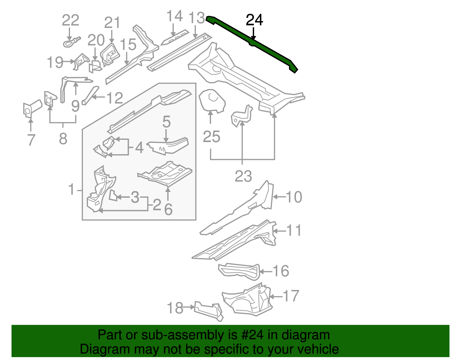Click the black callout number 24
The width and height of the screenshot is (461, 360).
254,20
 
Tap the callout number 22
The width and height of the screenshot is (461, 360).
71,20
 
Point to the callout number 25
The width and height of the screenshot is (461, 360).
211,137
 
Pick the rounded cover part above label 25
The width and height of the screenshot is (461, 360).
212,100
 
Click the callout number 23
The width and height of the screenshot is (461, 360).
243,176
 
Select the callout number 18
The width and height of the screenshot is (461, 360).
175,308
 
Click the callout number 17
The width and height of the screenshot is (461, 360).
291,296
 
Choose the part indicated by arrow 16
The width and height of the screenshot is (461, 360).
239,271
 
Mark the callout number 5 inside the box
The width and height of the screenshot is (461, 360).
166,122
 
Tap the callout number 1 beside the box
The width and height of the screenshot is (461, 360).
71,190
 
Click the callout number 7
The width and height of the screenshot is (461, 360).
31,140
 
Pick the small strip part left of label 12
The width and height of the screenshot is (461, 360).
90,95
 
